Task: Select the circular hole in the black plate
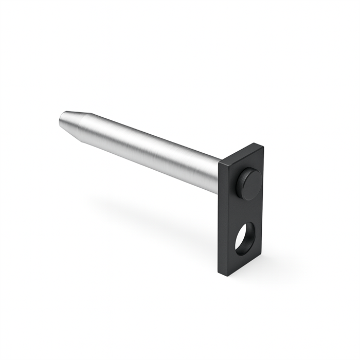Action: coord(244,238)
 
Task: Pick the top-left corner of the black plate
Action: coord(219,164)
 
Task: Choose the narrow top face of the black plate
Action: coord(241,153)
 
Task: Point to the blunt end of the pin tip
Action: coord(61,121)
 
